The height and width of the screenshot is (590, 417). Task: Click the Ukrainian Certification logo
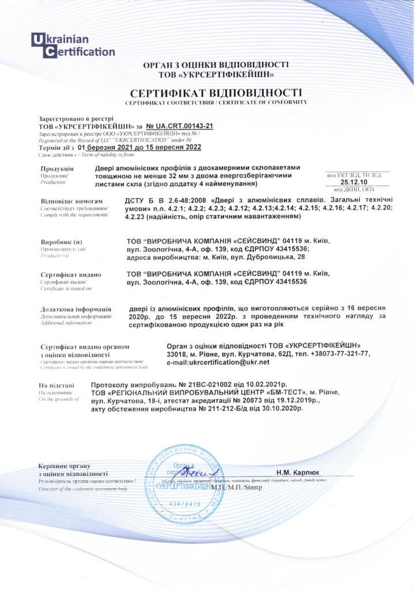[x=73, y=46]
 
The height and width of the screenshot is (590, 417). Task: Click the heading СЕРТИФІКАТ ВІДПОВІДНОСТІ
[x=216, y=93]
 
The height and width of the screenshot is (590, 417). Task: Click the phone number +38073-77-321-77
[x=339, y=354]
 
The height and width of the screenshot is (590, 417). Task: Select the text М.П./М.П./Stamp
[x=236, y=487]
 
